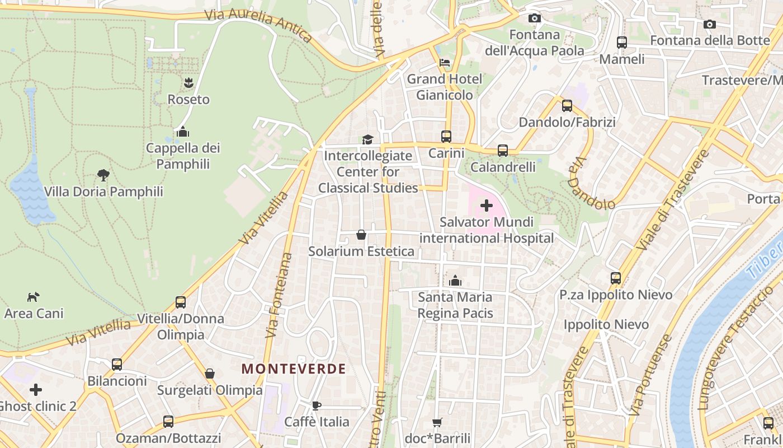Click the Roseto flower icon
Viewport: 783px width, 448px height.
coord(188,83)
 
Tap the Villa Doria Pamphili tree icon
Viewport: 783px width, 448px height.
coord(103,175)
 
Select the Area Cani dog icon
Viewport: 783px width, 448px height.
coord(34,297)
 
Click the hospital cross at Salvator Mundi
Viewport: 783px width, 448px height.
coord(487,206)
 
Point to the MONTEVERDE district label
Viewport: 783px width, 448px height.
coord(294,369)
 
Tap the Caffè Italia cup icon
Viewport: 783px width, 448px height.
coord(317,405)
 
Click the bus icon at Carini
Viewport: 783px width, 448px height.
coord(446,137)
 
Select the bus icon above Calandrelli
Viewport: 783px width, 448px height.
coord(503,151)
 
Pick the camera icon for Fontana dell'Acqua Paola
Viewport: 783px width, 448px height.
coord(534,18)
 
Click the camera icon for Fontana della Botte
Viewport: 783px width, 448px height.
coord(709,24)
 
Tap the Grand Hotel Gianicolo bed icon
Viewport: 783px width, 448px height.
coord(445,62)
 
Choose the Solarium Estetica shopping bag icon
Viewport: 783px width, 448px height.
coord(361,235)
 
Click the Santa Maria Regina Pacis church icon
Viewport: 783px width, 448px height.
coord(455,280)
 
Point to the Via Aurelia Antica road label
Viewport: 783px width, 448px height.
coord(258,25)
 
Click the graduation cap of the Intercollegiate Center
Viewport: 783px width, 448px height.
coord(367,139)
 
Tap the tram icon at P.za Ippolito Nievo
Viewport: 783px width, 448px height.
coord(616,278)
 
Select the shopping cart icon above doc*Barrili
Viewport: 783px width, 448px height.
coord(437,422)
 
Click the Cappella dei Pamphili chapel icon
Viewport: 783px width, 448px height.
coord(182,132)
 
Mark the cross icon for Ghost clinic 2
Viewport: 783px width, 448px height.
coord(36,389)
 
